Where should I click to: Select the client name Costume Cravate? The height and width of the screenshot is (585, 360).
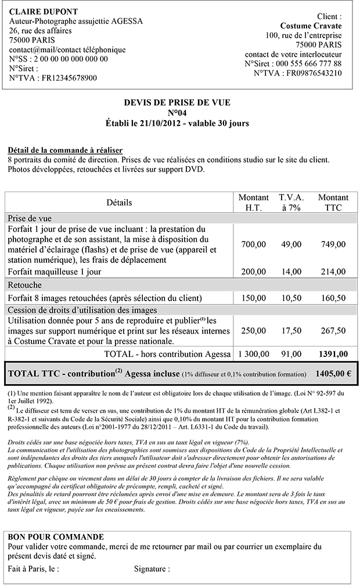pos(311,26)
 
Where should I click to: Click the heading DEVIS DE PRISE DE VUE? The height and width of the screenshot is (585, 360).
pos(177,103)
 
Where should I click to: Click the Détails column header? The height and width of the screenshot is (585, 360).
pos(119,203)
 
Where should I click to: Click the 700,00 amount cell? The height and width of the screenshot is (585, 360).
pos(253,244)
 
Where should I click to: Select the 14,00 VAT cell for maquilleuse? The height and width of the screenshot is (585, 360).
pos(291,271)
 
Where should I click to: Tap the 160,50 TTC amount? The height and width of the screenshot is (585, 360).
pos(333,298)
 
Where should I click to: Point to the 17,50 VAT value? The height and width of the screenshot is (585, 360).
pos(291,330)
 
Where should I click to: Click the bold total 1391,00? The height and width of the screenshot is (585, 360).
pos(334,353)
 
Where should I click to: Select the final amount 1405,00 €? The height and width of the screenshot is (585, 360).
pos(333,374)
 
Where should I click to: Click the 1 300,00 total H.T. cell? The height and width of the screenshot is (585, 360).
pos(254,353)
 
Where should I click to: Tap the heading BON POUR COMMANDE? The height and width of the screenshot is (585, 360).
pos(56,537)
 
